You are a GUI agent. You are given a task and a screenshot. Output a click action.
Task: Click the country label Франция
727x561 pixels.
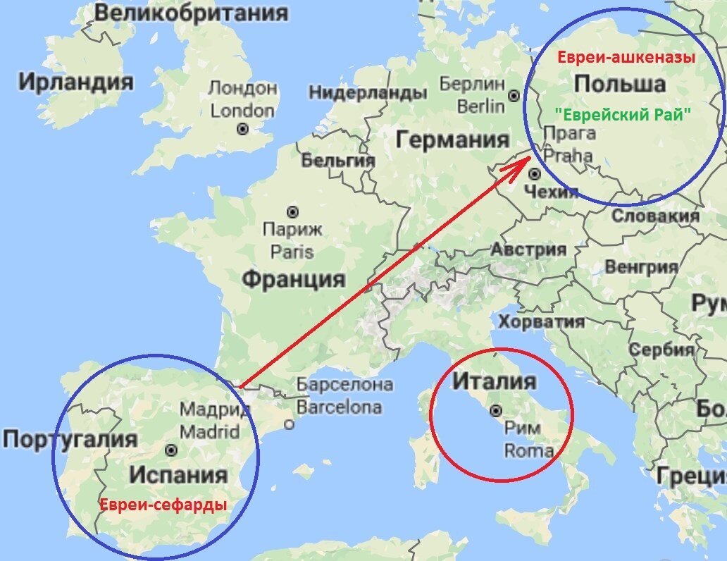[x=293, y=279]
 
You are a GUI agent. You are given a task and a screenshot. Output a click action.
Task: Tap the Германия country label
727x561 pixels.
[x=452, y=140]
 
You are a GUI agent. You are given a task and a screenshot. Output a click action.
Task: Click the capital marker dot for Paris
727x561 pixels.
[x=292, y=211]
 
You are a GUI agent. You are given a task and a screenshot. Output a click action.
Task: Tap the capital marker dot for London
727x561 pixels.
[x=243, y=129]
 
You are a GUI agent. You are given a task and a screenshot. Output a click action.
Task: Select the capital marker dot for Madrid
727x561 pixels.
[x=170, y=449]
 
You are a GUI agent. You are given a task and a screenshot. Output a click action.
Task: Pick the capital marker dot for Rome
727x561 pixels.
[x=496, y=410]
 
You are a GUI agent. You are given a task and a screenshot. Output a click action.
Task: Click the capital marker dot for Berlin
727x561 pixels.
[x=515, y=95]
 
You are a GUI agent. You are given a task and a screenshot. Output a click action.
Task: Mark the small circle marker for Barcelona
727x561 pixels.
[x=289, y=424]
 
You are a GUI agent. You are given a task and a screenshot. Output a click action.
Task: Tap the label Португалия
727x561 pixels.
[x=70, y=439]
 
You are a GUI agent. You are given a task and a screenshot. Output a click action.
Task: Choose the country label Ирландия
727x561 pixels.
[x=75, y=82]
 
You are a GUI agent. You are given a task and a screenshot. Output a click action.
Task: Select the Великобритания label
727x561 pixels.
[x=190, y=13]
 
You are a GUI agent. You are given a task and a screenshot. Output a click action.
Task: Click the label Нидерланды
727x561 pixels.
[x=368, y=93]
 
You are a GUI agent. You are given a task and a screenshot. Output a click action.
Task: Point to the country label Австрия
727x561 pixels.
[x=528, y=249]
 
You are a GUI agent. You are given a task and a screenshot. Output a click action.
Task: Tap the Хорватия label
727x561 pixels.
[x=541, y=321]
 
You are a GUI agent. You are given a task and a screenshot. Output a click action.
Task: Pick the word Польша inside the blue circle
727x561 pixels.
[x=619, y=84]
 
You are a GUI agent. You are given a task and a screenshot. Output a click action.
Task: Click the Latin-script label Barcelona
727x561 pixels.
[x=339, y=407]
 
